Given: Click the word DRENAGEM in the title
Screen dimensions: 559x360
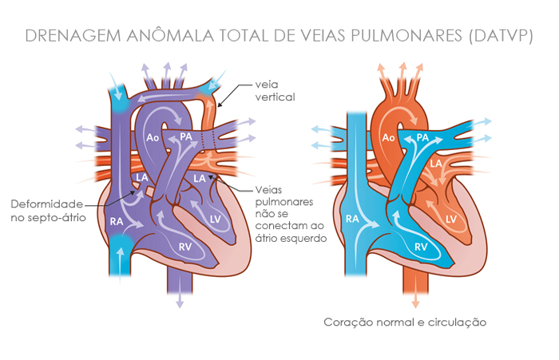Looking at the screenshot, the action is (73, 36).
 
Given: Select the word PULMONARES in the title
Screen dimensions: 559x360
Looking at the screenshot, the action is (406, 36).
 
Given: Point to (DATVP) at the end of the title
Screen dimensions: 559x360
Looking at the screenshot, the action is (502, 37).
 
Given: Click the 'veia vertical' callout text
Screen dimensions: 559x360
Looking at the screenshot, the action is (275, 91).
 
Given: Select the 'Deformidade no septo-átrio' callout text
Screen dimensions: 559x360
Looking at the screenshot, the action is (48, 211).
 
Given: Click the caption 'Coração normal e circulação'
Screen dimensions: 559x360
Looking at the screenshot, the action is (405, 322).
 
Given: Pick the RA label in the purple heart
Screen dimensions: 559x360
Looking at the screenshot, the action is (117, 222).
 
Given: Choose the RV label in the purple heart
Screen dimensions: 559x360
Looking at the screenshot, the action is (185, 247).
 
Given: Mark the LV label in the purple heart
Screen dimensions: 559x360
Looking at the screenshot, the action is (216, 220).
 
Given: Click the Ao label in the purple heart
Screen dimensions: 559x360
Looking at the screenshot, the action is (153, 137).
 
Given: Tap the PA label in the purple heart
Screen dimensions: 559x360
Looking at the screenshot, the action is (186, 136).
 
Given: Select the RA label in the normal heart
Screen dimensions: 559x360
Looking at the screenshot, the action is (352, 219).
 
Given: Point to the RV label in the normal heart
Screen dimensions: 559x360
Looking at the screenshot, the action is (421, 247).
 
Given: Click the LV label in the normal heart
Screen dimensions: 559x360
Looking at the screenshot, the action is (451, 220).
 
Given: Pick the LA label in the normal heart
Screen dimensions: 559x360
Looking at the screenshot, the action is (436, 164).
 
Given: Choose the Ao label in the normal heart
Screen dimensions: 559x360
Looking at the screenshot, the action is (388, 137).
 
